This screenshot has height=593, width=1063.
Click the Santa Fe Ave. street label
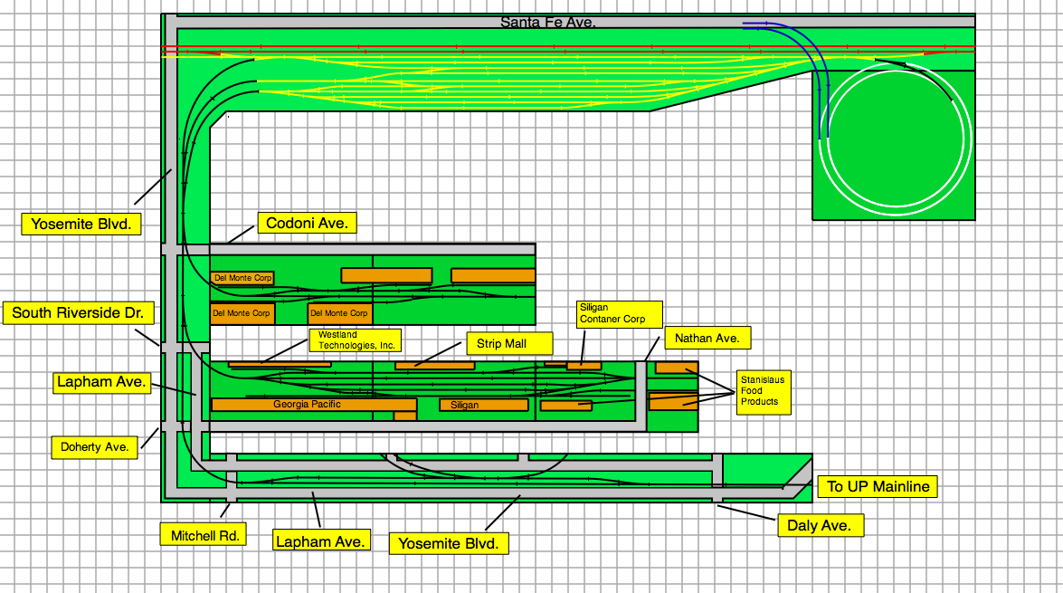(x=547, y=23)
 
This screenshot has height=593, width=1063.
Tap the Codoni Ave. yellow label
(x=307, y=224)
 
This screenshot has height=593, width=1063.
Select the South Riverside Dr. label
(x=78, y=312)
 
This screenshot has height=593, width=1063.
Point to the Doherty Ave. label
(x=94, y=447)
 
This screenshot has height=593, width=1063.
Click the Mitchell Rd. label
(x=204, y=535)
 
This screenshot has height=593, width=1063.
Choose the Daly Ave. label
(x=820, y=525)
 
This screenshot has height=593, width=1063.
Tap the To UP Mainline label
(x=878, y=486)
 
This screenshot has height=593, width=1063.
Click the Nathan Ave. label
(x=707, y=338)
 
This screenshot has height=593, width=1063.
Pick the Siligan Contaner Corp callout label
(x=619, y=314)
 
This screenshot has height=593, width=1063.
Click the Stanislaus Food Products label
(x=764, y=391)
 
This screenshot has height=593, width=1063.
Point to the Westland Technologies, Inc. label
(x=355, y=340)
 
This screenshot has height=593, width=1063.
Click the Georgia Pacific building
(x=314, y=405)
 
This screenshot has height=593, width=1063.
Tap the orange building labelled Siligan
(x=483, y=405)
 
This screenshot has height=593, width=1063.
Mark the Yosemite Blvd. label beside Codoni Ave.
(x=81, y=224)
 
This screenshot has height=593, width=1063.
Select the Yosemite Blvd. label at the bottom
(x=449, y=543)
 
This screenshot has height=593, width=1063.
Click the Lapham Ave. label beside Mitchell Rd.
(x=322, y=540)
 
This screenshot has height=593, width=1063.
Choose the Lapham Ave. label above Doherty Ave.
(x=101, y=382)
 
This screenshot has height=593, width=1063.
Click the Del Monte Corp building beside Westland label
(x=339, y=313)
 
